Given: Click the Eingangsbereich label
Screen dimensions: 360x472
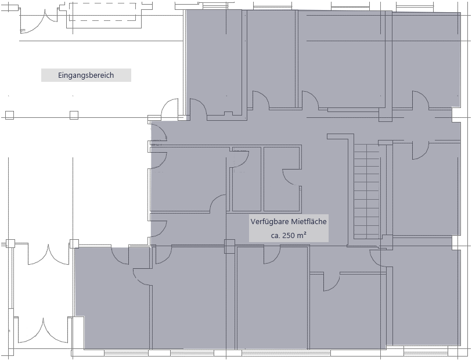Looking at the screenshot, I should pos(86,75).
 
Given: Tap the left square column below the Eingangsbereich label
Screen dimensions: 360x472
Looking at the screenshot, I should pos(9,114).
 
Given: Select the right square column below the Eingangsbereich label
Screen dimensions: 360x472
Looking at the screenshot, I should pos(74,114).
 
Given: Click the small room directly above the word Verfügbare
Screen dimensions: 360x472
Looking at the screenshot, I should pos(282,179).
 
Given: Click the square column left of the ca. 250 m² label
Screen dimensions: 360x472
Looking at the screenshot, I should pos(229,247).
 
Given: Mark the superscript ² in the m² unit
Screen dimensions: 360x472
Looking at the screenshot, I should pos(305,233).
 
